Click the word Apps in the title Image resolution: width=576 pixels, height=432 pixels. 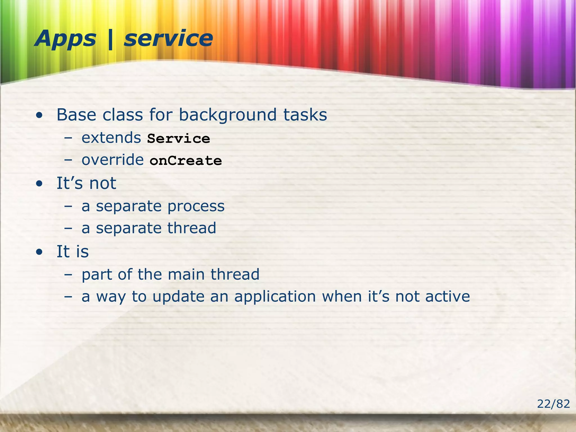(x=65, y=39)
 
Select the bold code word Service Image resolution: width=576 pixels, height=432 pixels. (x=179, y=139)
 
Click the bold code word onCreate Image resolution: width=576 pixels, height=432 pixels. (x=186, y=161)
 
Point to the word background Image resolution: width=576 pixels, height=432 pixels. (x=228, y=115)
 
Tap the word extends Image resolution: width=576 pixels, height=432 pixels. (x=111, y=138)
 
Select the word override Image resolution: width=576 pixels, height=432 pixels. (x=112, y=160)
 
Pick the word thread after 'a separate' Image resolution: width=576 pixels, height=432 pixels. (x=192, y=228)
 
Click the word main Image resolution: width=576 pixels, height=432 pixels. (x=186, y=274)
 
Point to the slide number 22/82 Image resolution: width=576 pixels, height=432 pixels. (x=553, y=404)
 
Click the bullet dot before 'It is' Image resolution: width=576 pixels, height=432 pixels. (x=40, y=252)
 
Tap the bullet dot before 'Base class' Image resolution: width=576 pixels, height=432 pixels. (x=40, y=115)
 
